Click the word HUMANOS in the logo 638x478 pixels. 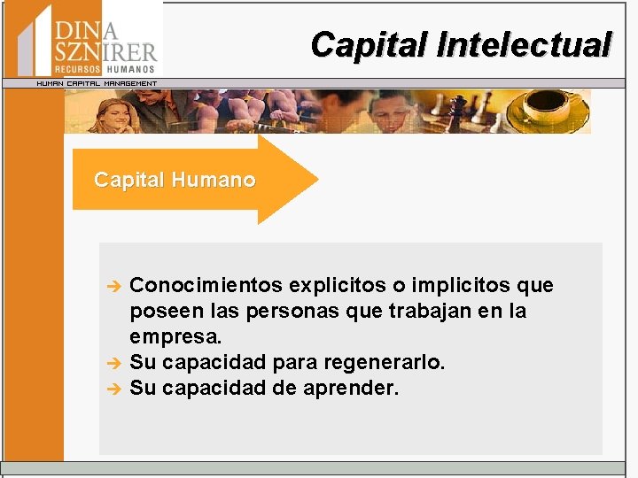click(x=130, y=69)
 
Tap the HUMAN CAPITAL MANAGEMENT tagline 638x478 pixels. click(x=96, y=83)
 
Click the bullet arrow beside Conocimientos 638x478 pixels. click(x=113, y=286)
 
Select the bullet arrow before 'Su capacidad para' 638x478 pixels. click(x=113, y=363)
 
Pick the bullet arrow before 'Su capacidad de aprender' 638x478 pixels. click(x=113, y=388)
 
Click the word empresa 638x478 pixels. click(x=175, y=337)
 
